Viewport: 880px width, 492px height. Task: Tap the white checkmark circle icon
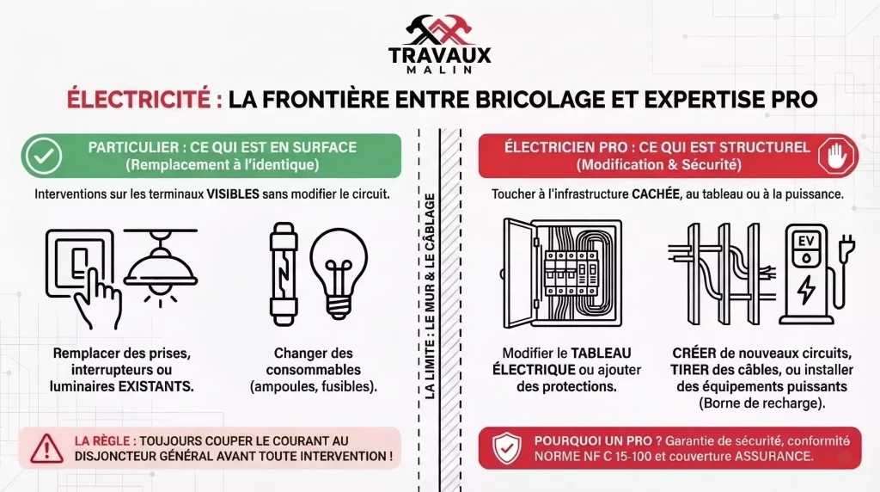coord(40,155)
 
